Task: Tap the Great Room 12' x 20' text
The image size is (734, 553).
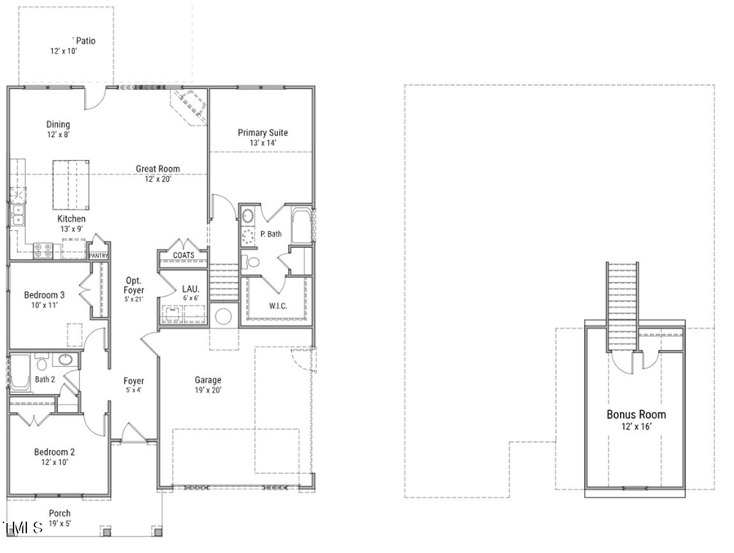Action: (x=157, y=174)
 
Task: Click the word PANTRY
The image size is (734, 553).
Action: (x=99, y=255)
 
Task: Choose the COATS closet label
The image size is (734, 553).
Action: (x=183, y=255)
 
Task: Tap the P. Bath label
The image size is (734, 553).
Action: (x=271, y=234)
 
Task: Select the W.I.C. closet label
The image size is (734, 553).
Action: (x=277, y=306)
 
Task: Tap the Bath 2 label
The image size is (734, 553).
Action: (x=44, y=379)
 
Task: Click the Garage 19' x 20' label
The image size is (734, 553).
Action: (x=207, y=384)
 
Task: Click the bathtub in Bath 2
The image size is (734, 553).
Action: (x=19, y=374)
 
